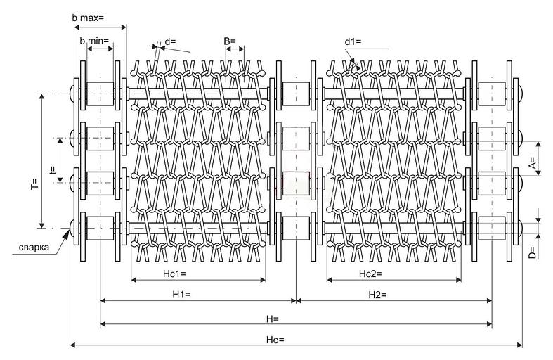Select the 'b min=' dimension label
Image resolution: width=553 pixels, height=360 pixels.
[95, 41]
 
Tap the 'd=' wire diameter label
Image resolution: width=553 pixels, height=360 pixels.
[171, 41]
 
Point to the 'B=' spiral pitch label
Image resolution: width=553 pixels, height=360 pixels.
[230, 41]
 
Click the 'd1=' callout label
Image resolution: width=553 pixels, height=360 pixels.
[353, 41]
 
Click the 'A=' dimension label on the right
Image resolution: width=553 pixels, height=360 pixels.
[532, 162]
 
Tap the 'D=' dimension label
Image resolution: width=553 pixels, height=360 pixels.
[532, 251]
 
